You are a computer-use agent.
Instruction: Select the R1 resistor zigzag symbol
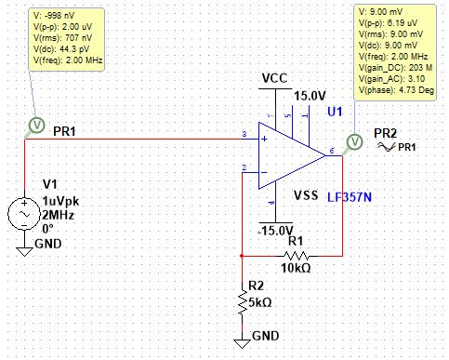[296, 254]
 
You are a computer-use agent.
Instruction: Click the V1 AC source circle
[22, 214]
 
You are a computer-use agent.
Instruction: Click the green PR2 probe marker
[353, 141]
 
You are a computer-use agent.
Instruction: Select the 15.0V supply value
[310, 96]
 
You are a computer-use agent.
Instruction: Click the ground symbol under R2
[242, 341]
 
